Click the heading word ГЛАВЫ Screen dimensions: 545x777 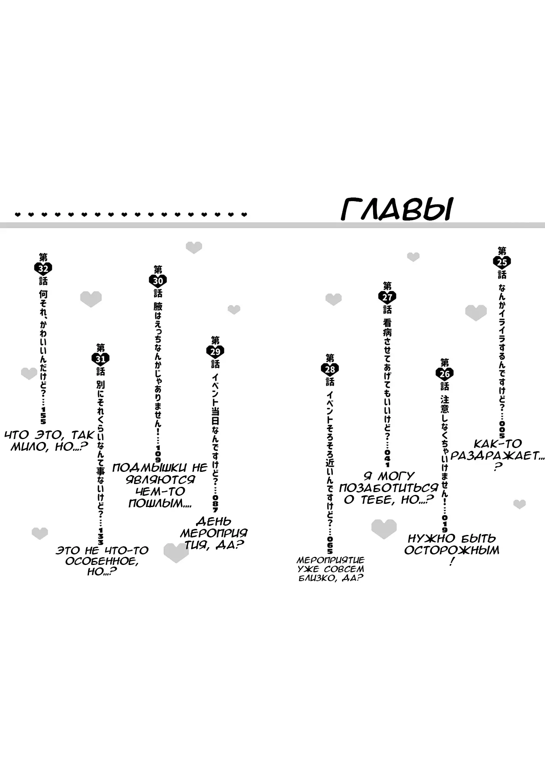point(397,209)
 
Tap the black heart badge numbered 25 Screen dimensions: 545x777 point(502,262)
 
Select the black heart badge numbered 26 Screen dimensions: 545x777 point(445,374)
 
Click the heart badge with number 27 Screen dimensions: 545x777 point(387,297)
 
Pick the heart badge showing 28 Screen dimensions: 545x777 point(330,369)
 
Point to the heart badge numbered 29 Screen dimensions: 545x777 point(215,351)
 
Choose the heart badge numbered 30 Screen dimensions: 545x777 point(158,281)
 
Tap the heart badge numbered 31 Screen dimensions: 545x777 point(100,359)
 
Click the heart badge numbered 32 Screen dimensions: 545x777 point(43,269)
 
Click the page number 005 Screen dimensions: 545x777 point(502,429)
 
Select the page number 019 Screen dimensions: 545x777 point(445,524)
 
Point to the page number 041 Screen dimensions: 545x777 point(387,458)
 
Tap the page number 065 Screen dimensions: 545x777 point(330,545)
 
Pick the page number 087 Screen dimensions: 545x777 point(215,503)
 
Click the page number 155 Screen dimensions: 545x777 point(43,416)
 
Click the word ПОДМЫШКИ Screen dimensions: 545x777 point(150,468)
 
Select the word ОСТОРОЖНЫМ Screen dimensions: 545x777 point(452,550)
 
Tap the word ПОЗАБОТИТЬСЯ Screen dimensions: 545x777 point(389,488)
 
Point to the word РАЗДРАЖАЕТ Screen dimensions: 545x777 point(494,456)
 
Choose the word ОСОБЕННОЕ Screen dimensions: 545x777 point(101,561)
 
